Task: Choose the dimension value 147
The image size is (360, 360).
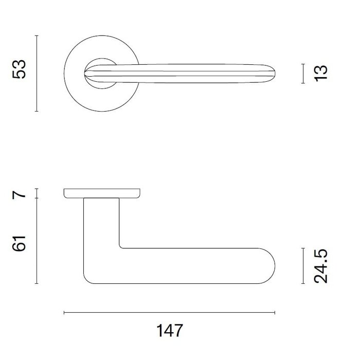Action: pos(169,330)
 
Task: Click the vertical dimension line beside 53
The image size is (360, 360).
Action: pos(37,73)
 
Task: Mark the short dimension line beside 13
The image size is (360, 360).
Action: pos(302,73)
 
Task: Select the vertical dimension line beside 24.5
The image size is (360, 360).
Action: pos(302,266)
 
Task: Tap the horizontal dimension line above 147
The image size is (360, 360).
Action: pos(169,312)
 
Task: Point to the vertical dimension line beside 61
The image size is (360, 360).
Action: pos(37,241)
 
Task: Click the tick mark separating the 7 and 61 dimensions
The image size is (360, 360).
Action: pos(37,199)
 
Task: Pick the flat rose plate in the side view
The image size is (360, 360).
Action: pos(103,193)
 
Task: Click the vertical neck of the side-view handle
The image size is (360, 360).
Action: pos(101,221)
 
